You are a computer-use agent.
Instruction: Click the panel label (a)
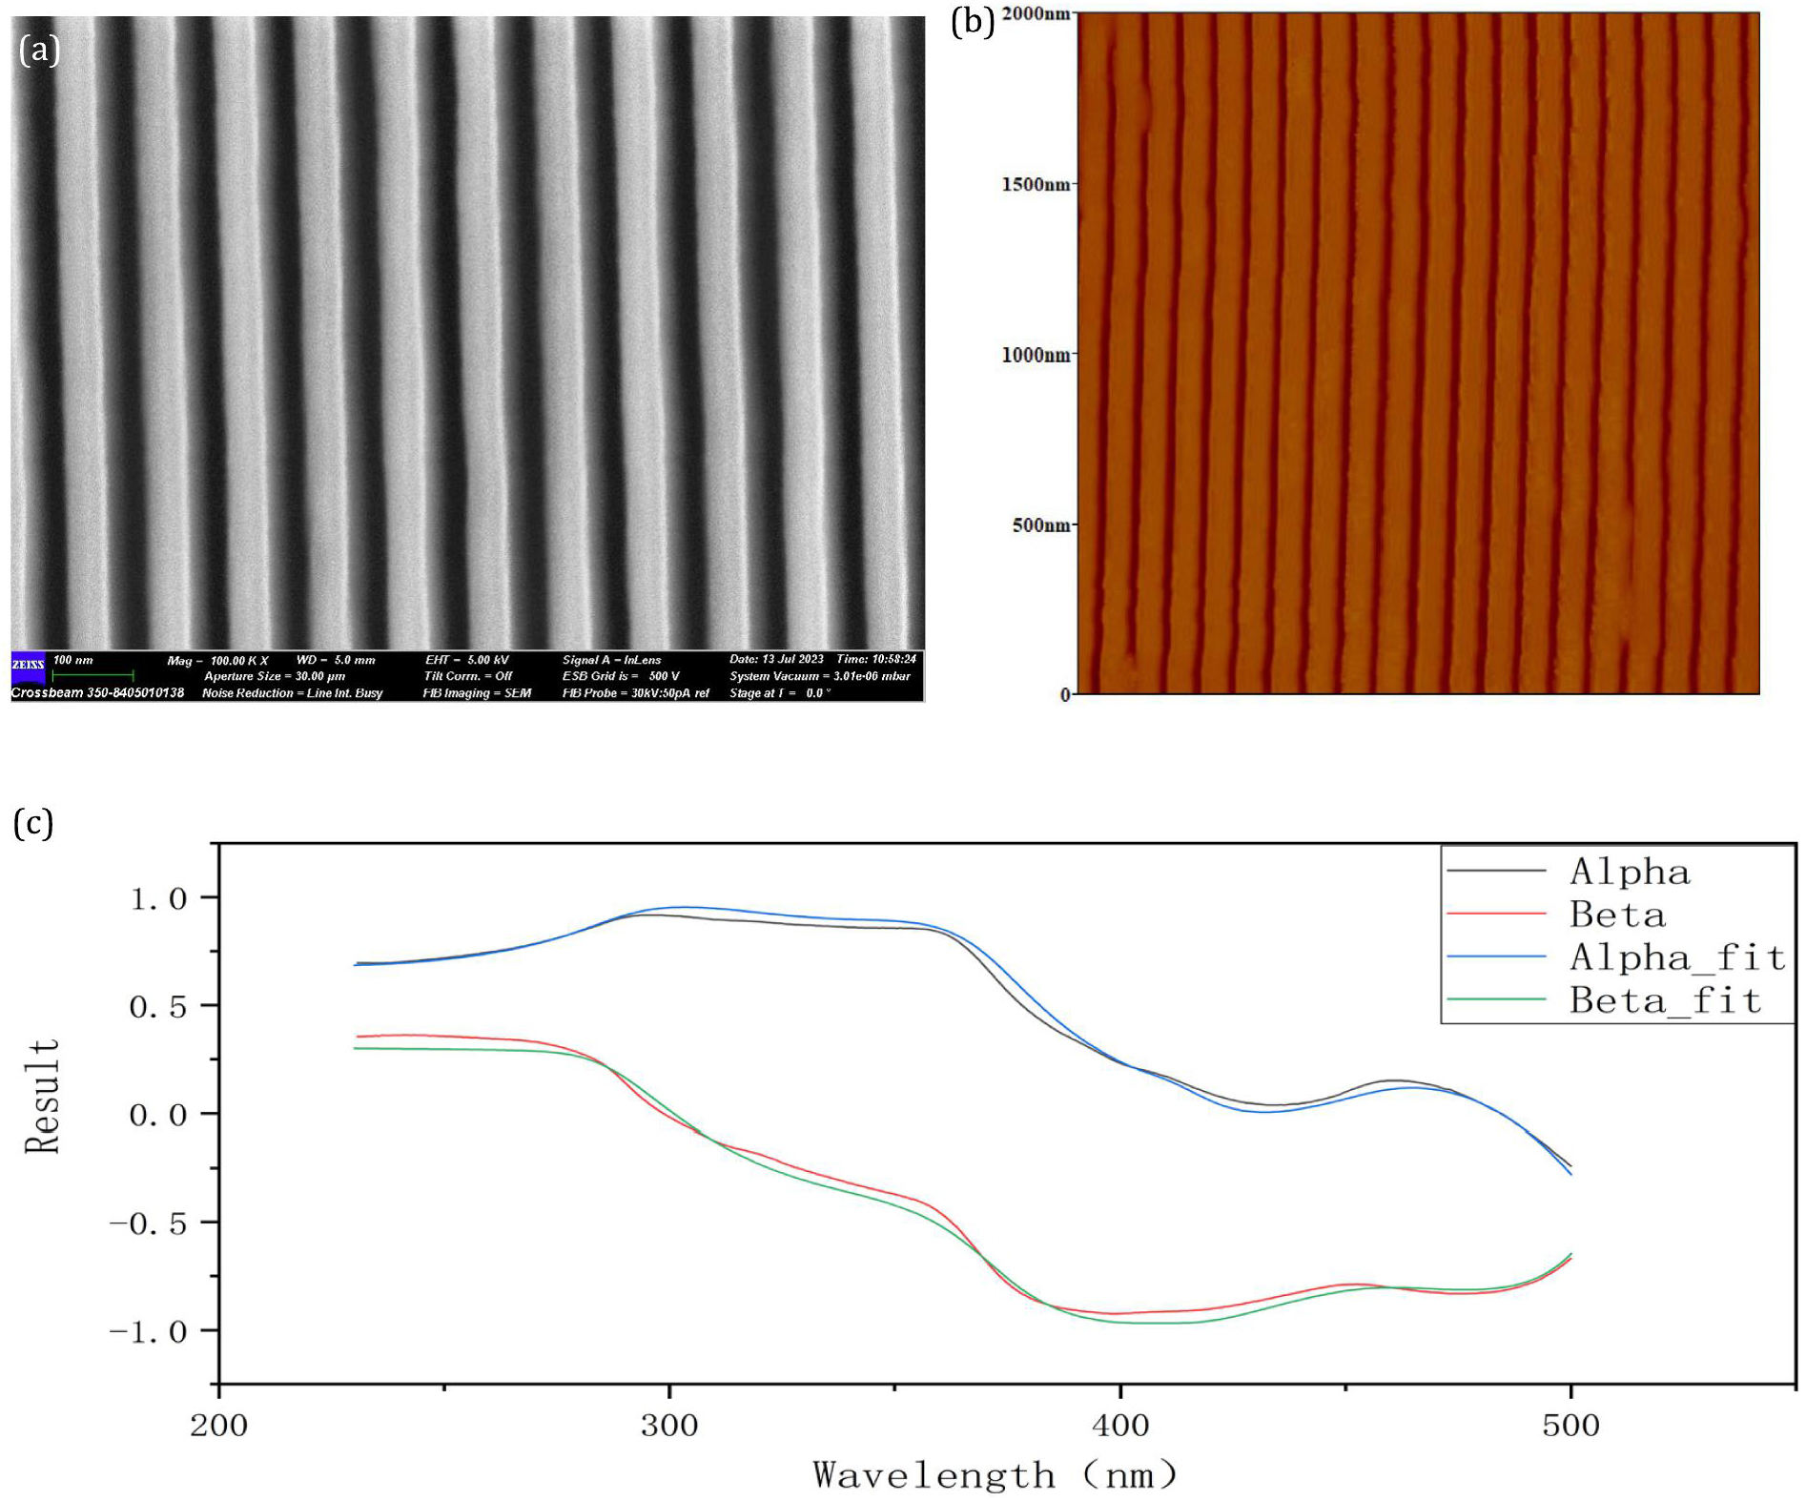tap(39, 50)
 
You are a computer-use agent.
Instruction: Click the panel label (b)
tap(973, 20)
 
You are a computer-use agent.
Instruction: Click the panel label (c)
tap(33, 822)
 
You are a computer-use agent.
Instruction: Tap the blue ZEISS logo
tap(28, 666)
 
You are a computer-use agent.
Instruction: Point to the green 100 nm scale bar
tap(92, 675)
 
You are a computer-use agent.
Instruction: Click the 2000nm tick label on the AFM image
tap(1036, 14)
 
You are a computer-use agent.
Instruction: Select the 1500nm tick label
tap(1036, 184)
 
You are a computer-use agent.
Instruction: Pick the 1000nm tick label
tap(1036, 355)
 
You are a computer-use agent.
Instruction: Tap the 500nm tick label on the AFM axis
tap(1041, 525)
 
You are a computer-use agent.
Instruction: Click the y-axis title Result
tap(43, 1097)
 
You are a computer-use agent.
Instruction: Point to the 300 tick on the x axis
tap(669, 1426)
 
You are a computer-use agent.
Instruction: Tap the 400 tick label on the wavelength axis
tap(1120, 1426)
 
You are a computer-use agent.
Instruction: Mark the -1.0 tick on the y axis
tap(149, 1331)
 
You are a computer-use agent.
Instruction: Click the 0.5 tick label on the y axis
tap(158, 1006)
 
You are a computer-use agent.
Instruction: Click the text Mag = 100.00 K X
tap(217, 660)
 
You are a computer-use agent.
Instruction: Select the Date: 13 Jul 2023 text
tap(776, 659)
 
